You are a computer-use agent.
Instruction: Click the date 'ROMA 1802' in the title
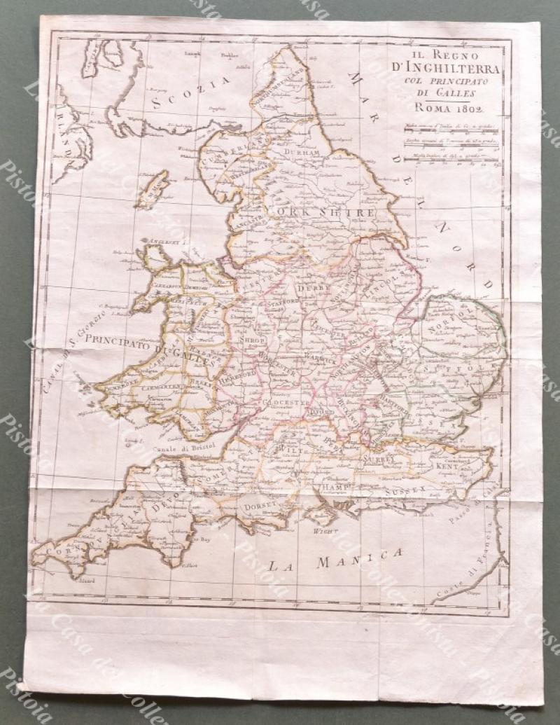tap(449, 107)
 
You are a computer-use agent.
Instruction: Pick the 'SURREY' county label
tap(380, 459)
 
